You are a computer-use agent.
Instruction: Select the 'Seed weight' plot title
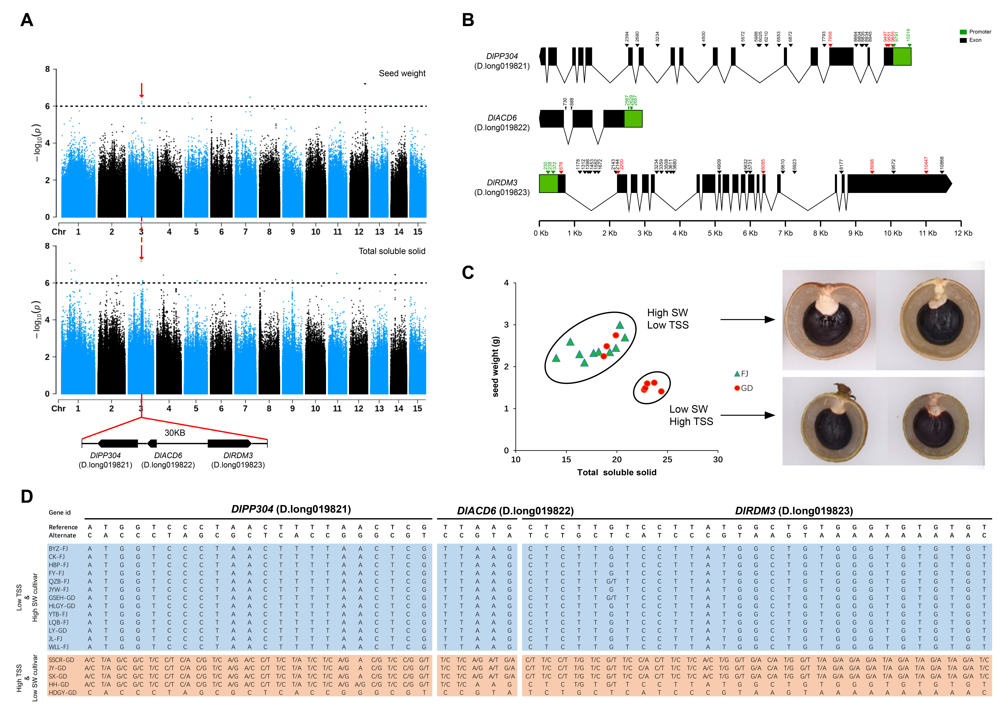click(x=402, y=73)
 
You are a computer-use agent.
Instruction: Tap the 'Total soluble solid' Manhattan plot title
click(x=392, y=251)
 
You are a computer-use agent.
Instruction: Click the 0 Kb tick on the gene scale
click(x=540, y=233)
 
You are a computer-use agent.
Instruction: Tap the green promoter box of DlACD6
click(x=633, y=118)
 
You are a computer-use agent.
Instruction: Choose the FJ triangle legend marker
click(x=737, y=374)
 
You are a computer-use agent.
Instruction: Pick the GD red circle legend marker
click(x=737, y=388)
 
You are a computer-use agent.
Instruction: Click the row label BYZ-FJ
click(x=58, y=548)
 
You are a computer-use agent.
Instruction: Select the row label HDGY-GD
click(x=63, y=693)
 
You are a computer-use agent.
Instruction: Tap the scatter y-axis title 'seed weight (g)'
click(x=495, y=366)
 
